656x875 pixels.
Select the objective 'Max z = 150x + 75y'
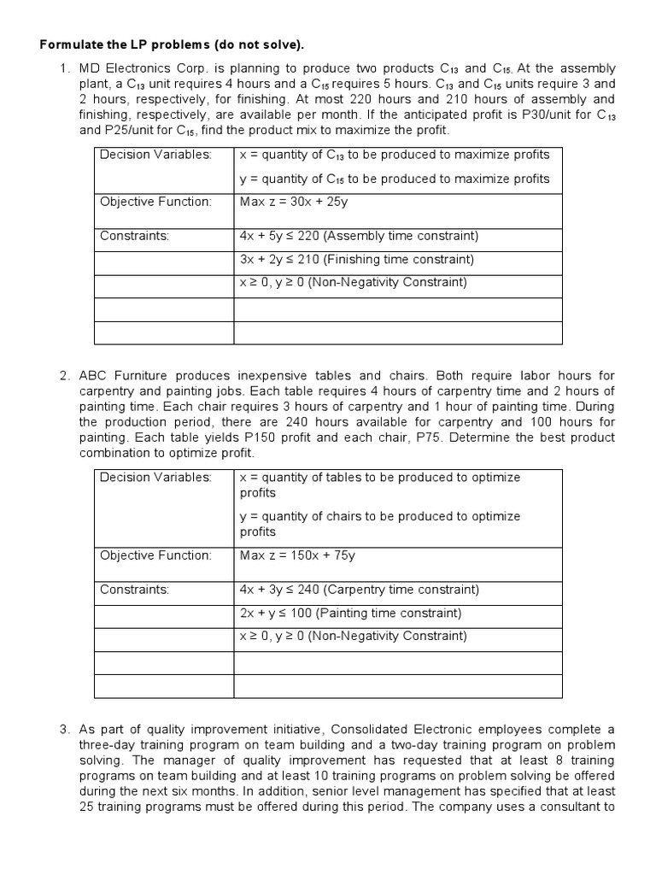pos(297,555)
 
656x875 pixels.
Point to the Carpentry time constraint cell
pos(359,590)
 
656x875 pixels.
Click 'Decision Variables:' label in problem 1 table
pos(155,155)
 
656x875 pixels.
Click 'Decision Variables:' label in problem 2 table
pos(155,477)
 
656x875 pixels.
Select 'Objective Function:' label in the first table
pos(155,202)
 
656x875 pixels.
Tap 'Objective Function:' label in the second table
pos(155,555)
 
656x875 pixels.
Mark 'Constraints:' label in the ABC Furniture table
pos(135,590)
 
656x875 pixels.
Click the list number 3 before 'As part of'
pos(64,730)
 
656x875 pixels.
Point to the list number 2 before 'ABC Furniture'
pos(64,375)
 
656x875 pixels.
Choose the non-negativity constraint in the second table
pos(354,636)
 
